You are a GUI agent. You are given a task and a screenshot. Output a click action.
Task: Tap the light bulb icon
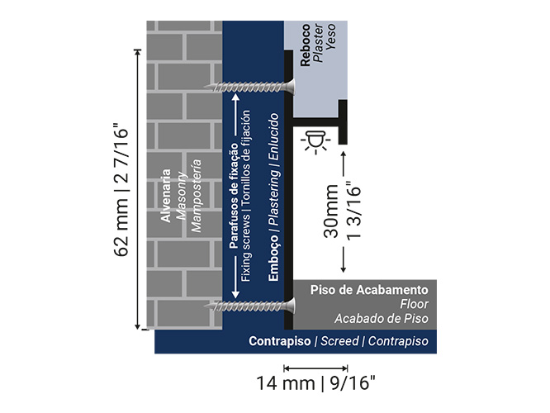[x=315, y=142]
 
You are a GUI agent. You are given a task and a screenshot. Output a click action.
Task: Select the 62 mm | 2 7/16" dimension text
[x=121, y=189]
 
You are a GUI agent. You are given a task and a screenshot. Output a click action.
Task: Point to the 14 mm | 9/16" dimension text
[x=315, y=382]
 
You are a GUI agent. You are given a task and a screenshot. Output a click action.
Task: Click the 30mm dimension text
[x=331, y=211]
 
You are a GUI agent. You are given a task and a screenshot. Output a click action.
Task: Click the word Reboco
[x=306, y=45]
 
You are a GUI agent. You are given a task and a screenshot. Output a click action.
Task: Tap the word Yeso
[x=330, y=36]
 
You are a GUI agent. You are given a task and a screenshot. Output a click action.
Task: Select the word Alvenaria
[x=165, y=196]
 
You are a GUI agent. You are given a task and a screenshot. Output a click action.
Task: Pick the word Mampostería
[x=196, y=196]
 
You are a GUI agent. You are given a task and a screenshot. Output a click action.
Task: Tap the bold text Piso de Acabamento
[x=369, y=290]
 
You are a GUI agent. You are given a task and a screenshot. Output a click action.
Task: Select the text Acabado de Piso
[x=382, y=319]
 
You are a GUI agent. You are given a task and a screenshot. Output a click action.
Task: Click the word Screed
[x=340, y=341]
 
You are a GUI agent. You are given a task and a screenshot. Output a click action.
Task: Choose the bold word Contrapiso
[x=280, y=341]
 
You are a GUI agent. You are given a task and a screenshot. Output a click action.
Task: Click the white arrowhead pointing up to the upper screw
[x=235, y=97]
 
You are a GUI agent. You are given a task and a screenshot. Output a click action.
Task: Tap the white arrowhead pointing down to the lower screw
[x=235, y=294]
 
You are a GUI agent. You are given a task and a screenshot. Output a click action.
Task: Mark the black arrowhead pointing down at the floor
[x=344, y=269]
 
